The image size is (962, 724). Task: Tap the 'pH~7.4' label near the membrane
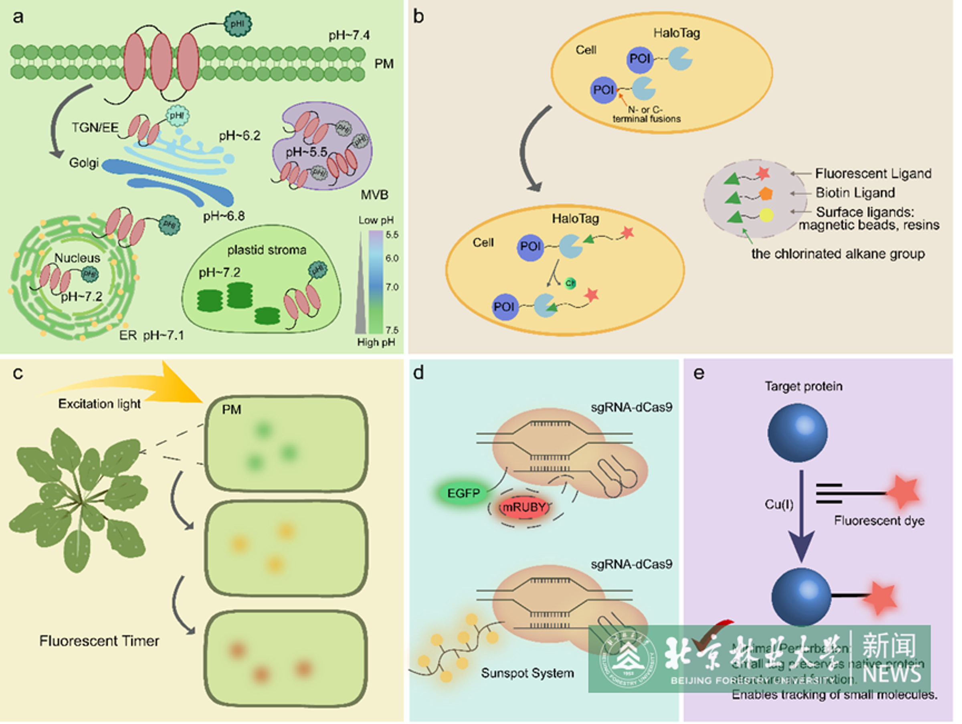(x=349, y=35)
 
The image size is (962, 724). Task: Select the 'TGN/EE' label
(x=95, y=127)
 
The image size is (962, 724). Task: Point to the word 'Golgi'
(x=84, y=163)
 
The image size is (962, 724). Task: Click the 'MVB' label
(x=374, y=195)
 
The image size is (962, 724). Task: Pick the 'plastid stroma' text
(x=267, y=250)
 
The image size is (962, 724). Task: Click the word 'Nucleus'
(x=77, y=258)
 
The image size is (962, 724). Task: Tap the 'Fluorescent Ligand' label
(x=873, y=174)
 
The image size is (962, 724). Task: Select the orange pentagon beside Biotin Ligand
(x=766, y=194)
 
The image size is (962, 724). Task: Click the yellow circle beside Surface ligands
(x=766, y=215)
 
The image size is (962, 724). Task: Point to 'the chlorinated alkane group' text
(x=838, y=254)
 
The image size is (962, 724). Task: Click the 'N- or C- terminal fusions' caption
(x=646, y=114)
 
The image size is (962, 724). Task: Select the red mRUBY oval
(x=523, y=507)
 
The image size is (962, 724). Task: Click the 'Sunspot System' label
(x=527, y=673)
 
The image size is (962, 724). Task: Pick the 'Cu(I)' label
(x=779, y=504)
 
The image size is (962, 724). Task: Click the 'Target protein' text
(x=803, y=386)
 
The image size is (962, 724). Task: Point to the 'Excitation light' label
(x=99, y=404)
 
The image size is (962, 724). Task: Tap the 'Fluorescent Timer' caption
(x=99, y=641)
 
